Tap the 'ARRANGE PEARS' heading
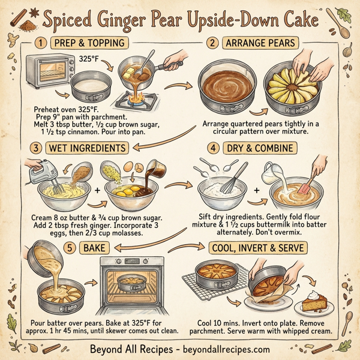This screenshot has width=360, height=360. click(x=259, y=43)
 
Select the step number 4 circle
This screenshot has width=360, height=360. click(x=211, y=147)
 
